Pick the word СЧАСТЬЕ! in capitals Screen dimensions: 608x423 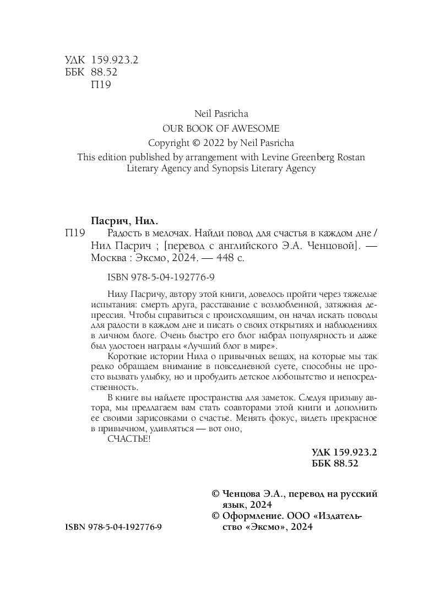128,438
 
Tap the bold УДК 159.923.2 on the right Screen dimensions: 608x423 344,452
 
